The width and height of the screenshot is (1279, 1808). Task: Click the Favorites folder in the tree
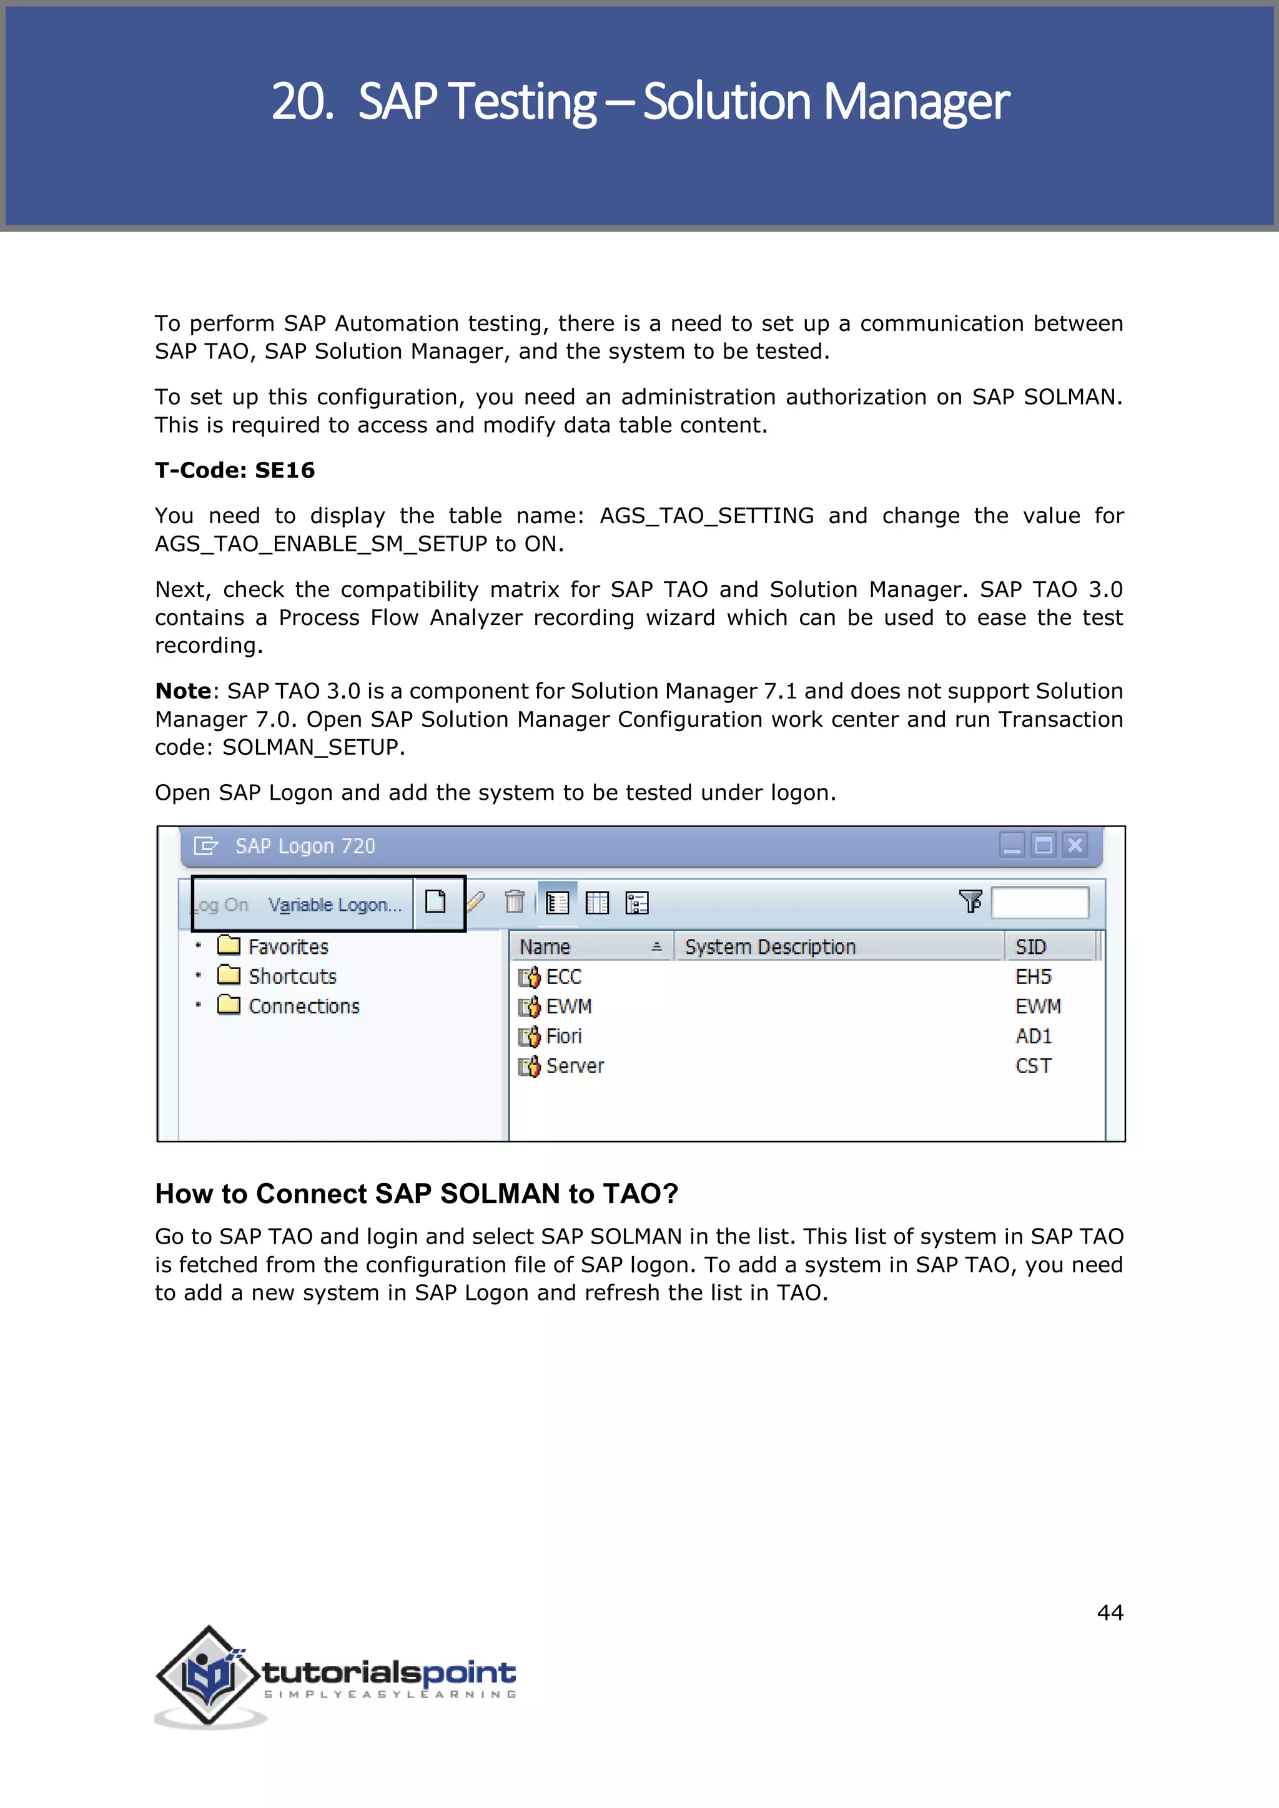(287, 946)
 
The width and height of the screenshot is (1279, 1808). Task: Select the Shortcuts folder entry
(292, 976)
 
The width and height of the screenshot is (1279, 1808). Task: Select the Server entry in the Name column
(573, 1066)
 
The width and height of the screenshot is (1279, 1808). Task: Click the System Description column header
(769, 946)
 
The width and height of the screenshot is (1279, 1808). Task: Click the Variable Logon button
(335, 905)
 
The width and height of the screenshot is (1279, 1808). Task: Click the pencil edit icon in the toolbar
(476, 902)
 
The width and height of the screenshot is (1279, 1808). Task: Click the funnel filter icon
(970, 901)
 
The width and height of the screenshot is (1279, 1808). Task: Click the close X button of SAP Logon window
(1074, 845)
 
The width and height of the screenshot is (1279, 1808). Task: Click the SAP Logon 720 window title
(305, 846)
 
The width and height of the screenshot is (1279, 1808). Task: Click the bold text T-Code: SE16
(235, 470)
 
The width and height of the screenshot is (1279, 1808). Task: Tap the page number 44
(1110, 1613)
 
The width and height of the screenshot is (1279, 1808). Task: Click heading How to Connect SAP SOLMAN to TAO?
(416, 1194)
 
